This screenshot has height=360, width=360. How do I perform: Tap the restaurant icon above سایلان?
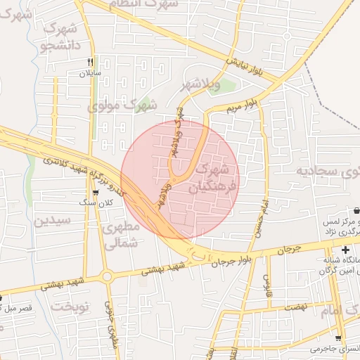tap(90, 62)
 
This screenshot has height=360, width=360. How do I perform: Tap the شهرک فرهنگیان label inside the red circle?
tap(211, 179)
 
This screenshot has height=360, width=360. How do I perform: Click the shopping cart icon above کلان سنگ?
tap(95, 192)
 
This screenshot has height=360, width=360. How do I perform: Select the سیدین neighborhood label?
tap(52, 220)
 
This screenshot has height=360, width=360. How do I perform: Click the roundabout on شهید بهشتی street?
tap(107, 276)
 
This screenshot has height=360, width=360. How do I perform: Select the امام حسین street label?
tap(268, 216)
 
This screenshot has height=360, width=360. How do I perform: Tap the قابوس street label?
tap(268, 285)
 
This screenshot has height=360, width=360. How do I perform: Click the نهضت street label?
tap(297, 308)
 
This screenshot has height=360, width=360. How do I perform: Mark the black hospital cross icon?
tap(345, 250)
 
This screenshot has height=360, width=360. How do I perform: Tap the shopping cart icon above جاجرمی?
tap(338, 337)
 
